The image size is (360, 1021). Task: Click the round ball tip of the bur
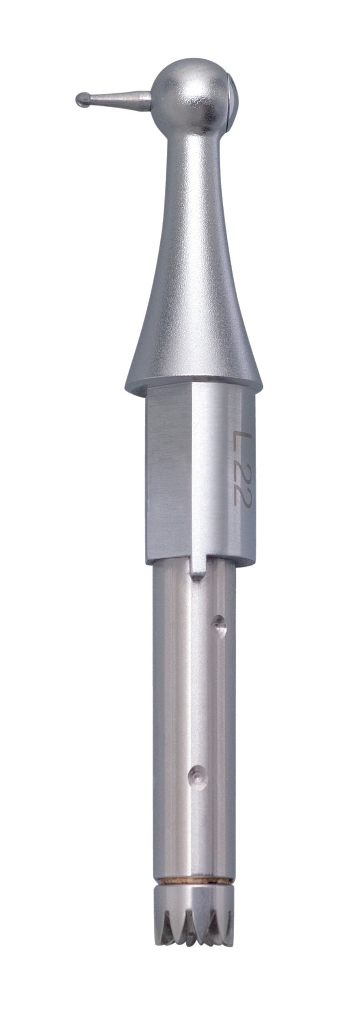pos(82,99)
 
